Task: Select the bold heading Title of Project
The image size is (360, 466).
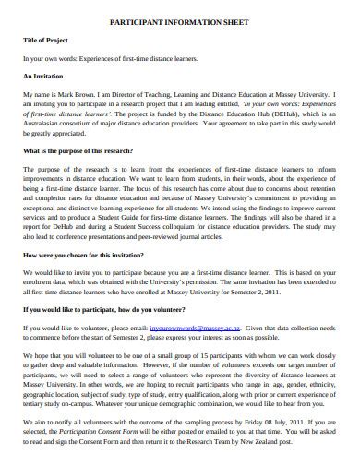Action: (x=46, y=42)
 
